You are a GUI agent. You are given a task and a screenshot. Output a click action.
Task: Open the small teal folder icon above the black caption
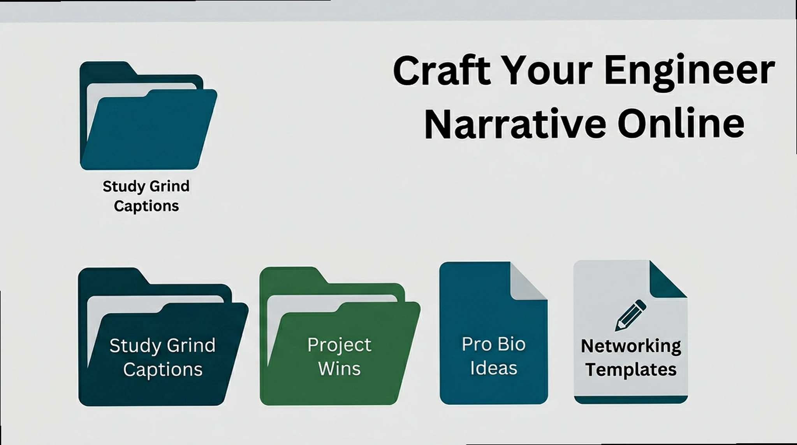point(148,116)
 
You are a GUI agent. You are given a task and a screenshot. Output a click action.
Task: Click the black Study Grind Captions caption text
point(146,196)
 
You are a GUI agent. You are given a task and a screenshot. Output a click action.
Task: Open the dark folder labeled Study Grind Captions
point(163,337)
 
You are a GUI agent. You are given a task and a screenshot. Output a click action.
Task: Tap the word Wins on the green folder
point(340,368)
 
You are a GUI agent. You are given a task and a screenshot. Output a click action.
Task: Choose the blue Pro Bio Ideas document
point(494,333)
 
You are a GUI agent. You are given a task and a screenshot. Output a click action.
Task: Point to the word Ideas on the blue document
point(494,368)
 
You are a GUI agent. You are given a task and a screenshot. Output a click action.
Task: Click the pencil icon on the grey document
point(631,315)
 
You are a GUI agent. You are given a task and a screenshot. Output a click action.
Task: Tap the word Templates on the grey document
point(631,369)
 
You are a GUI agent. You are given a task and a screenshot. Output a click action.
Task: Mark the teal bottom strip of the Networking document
point(631,399)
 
